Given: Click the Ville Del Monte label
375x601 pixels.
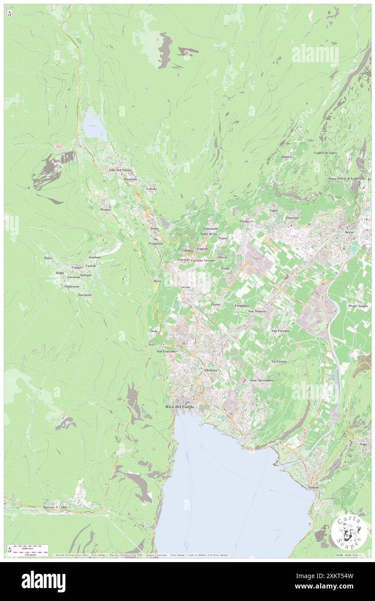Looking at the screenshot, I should [x=120, y=170].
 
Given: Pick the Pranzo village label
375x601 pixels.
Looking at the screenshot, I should [x=106, y=209].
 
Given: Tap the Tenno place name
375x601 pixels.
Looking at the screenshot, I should [x=155, y=228].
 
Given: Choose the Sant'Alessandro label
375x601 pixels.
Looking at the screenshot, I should [x=262, y=380].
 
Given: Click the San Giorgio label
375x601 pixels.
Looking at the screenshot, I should [x=280, y=331].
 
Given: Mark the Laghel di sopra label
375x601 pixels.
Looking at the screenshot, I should [x=325, y=153].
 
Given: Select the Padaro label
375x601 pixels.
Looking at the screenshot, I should [x=286, y=157].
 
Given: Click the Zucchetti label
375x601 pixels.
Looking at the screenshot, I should [x=84, y=295].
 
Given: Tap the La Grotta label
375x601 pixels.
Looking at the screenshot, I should [x=279, y=361].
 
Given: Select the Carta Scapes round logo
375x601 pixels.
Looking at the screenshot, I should [x=349, y=531].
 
